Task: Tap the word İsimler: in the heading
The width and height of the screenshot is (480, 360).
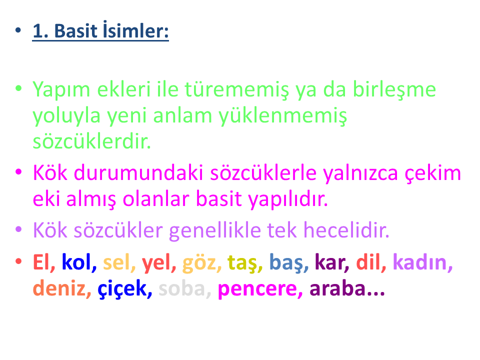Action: point(135,30)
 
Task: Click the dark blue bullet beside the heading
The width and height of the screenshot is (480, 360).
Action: point(18,30)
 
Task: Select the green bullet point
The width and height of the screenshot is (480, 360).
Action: point(18,88)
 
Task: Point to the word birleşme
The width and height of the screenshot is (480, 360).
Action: point(394,89)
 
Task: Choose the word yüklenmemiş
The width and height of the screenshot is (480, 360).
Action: point(283,117)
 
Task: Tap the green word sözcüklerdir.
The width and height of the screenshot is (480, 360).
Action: point(92,141)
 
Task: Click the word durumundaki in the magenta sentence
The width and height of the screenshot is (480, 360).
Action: point(138,172)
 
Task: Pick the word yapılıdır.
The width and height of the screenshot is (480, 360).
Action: point(288,200)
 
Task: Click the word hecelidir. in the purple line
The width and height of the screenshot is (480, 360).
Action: point(346,230)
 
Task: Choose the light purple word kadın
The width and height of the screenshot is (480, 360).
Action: point(422,262)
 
